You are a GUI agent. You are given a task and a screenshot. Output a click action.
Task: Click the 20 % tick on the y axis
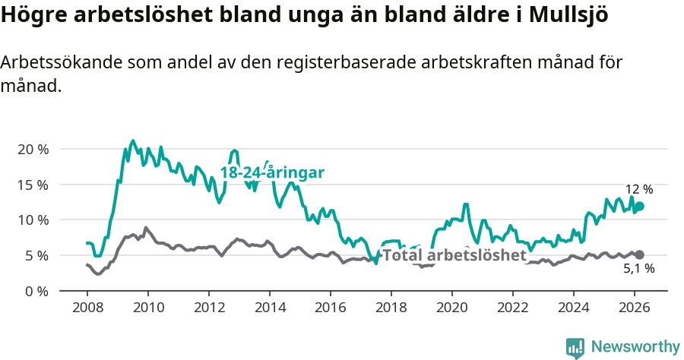32,150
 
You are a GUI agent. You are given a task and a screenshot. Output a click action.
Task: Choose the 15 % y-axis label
32,185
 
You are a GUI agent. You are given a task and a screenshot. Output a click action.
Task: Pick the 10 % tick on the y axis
32,220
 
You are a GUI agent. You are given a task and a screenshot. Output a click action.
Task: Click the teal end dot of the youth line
640,206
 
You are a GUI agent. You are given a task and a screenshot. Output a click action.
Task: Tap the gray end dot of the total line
640,255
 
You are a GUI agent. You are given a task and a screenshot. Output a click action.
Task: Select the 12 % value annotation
638,189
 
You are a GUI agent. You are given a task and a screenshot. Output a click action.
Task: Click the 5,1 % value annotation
638,268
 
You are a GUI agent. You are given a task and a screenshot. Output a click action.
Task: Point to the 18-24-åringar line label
272,173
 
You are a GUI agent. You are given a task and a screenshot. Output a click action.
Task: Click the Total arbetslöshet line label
454,255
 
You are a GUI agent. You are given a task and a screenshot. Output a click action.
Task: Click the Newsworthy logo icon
575,347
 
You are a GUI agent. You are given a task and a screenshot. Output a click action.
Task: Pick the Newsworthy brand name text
635,347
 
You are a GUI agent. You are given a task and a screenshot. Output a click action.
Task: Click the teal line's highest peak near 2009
133,141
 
